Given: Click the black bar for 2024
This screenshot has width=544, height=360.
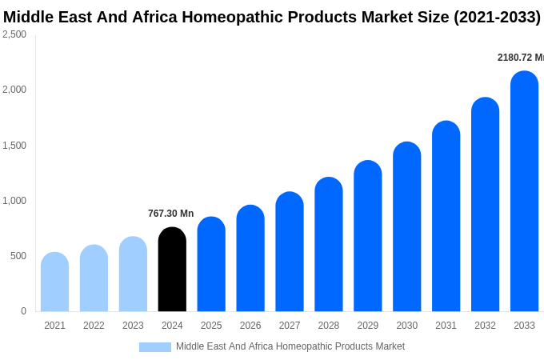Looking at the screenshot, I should coord(172,270).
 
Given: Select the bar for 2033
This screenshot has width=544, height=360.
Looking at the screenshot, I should coord(524,192).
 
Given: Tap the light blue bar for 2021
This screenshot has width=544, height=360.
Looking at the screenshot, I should coord(54,282).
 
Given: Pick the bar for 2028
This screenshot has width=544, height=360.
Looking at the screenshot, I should coord(329,245).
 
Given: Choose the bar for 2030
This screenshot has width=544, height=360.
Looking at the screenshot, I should coord(406,227).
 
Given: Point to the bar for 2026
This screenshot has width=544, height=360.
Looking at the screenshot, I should coord(250,258).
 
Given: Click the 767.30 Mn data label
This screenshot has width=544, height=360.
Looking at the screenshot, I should coord(170,214).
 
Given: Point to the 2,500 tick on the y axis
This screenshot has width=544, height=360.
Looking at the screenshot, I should coord(14,34).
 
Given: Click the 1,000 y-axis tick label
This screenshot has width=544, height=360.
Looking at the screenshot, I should coord(14,201).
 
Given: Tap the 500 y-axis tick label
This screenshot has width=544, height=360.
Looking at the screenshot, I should coord(18,256).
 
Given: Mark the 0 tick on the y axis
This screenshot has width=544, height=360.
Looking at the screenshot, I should coord(23,311).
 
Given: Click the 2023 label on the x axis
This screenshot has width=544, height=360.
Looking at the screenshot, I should coord(133,326).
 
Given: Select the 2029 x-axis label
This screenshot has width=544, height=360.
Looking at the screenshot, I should coord(368,326).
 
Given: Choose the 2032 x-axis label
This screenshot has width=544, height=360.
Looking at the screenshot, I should coord(485,326).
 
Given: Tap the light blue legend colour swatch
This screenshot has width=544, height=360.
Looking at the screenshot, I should coord(154,347).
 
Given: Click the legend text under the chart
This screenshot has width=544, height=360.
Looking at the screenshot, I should coord(290,346).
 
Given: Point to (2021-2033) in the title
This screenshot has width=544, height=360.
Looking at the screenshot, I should coord(497,17).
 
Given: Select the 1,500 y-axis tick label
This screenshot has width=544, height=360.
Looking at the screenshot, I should coord(14,146).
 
